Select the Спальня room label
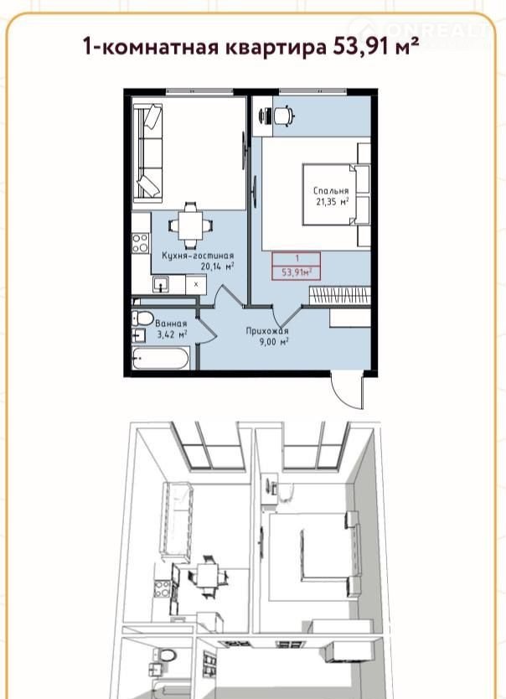pos(331,191)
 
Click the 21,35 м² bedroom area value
pos(333,201)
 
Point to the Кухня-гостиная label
pos(198,256)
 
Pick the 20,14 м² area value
pos(218,267)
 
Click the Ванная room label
pos(171,324)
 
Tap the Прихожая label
pos(267,331)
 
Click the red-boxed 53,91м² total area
pos(297,272)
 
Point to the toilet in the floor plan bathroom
pos(142,319)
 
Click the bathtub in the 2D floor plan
pos(160,359)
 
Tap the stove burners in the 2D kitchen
pos(140,243)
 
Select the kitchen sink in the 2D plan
pos(160,284)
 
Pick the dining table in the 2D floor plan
pos(190,225)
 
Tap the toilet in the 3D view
pos(167,655)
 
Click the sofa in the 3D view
pos(178,521)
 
